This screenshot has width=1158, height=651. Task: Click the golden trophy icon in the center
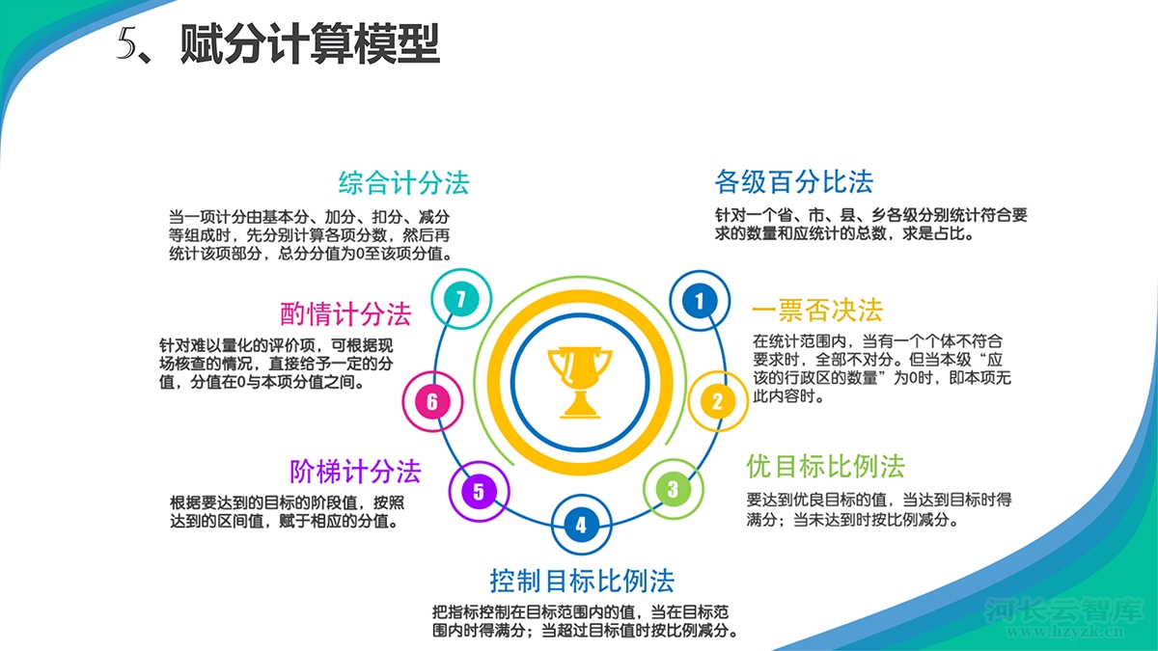580,382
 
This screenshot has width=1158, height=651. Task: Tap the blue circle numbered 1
700,301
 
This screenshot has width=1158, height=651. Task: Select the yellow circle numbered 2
718,401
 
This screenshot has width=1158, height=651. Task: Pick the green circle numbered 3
674,489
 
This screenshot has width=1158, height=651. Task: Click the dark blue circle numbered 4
581,525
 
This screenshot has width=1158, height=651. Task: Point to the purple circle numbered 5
479,491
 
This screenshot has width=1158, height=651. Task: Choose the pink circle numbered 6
432,401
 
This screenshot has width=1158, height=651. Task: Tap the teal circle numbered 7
461,299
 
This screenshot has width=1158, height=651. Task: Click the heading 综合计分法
403,183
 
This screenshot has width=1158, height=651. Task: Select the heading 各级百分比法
794,181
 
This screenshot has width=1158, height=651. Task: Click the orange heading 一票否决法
816,310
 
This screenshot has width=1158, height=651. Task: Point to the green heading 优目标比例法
825,467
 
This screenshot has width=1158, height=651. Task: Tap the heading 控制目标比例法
582,581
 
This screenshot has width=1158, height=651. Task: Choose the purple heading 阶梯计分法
355,472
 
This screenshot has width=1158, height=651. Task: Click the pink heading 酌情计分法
345,313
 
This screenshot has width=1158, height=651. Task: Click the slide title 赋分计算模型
310,44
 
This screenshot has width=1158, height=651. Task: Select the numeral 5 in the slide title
126,43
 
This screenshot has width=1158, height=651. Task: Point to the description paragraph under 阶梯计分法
287,511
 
